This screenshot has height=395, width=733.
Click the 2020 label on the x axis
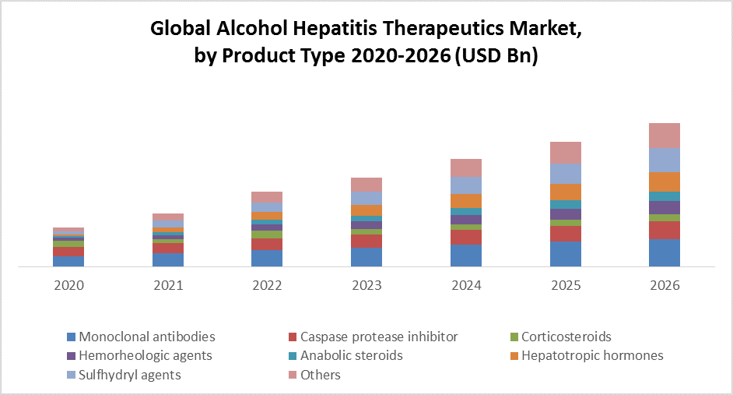[68, 285]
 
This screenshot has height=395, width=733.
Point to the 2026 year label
[664, 285]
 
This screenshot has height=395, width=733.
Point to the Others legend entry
[321, 375]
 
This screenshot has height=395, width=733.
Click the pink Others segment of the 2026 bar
[665, 135]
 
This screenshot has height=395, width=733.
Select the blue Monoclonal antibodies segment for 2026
[665, 253]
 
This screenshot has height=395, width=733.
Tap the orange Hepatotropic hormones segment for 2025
[566, 192]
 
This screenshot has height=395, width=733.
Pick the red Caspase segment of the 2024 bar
[466, 237]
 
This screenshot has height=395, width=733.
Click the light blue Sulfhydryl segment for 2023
[366, 198]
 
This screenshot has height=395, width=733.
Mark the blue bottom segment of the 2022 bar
[267, 259]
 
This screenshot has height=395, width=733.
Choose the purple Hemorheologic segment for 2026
[665, 207]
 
